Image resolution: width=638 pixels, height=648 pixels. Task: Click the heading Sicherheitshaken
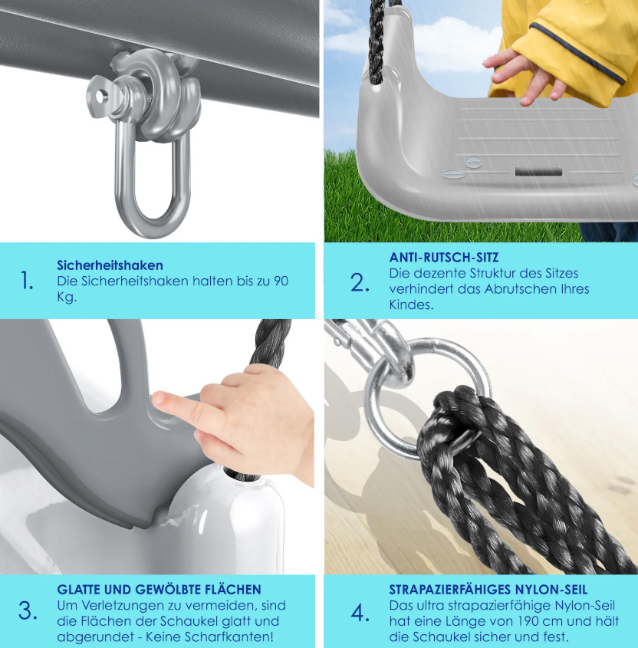(110, 265)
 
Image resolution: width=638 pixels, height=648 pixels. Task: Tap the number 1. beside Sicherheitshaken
(27, 281)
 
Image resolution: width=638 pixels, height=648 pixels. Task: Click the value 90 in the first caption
(281, 281)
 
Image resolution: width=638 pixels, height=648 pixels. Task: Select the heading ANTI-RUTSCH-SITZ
(444, 258)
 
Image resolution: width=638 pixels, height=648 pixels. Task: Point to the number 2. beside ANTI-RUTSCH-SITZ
(360, 283)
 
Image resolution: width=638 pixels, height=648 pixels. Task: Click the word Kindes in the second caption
(411, 304)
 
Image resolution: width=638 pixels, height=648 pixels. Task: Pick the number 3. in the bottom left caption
(28, 610)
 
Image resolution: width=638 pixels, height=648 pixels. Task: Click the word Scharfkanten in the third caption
(229, 636)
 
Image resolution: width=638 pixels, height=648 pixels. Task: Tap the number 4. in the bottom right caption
(360, 613)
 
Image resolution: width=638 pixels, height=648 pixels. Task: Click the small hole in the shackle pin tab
(100, 97)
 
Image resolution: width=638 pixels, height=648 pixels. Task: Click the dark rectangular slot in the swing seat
(538, 171)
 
